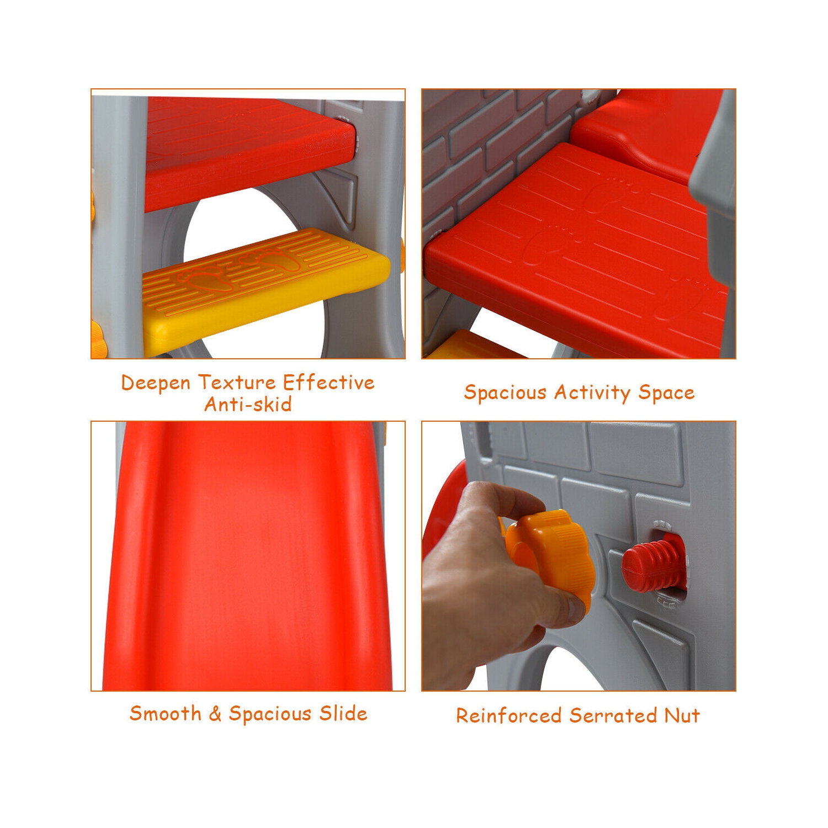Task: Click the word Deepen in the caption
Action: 156,383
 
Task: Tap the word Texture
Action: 237,382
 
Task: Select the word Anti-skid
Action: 248,404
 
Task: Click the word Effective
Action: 328,382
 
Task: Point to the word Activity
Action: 592,392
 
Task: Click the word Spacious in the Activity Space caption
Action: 505,392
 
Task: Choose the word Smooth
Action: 165,713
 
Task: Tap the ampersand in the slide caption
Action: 215,713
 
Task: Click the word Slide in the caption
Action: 343,713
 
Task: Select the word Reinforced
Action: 508,715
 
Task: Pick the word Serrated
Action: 613,715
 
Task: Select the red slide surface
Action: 248,558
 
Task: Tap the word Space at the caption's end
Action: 666,392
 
